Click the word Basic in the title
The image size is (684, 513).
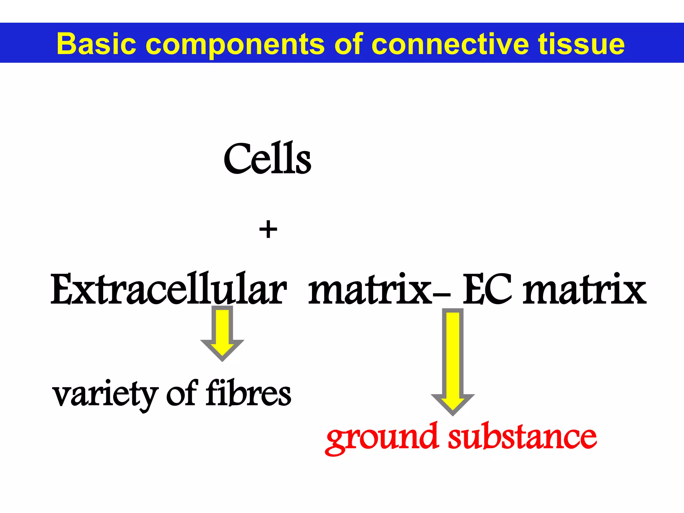click(x=97, y=44)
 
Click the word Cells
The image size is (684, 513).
click(x=267, y=159)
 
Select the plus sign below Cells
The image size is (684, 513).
click(x=268, y=230)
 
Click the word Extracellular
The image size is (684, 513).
click(x=168, y=290)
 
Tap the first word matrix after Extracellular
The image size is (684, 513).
click(x=369, y=290)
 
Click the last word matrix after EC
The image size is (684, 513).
click(x=584, y=290)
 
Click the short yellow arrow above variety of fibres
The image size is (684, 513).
click(x=222, y=334)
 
